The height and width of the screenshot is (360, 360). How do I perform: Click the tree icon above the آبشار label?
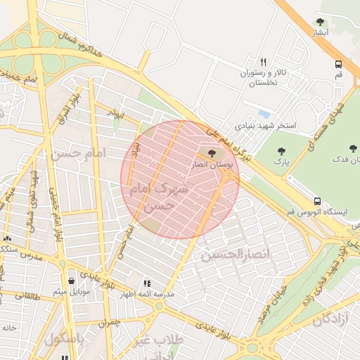point(321,22)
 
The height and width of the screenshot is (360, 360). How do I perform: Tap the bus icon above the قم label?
point(339,63)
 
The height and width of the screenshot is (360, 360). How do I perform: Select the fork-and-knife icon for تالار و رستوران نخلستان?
point(264,62)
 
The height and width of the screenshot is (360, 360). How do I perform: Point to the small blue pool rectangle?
point(264,113)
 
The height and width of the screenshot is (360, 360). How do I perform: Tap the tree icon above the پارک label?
point(282,151)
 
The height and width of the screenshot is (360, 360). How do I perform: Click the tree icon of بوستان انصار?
point(212,153)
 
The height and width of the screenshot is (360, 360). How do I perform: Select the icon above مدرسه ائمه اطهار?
point(146,283)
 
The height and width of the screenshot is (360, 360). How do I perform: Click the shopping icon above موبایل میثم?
point(72,281)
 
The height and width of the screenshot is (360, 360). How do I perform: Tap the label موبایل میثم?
point(71,292)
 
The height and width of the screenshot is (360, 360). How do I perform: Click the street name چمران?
point(110,323)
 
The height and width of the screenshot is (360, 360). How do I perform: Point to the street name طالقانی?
point(27,297)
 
